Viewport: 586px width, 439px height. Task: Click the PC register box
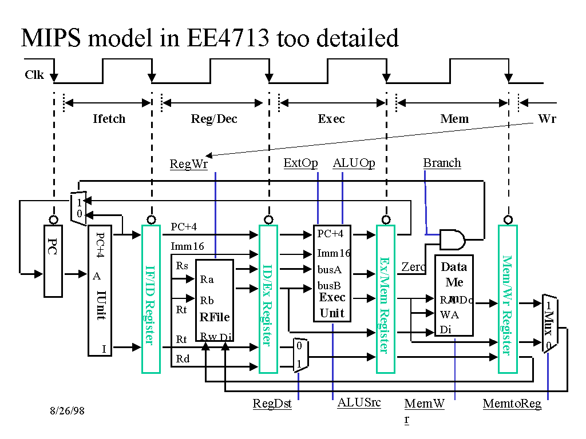tap(53, 261)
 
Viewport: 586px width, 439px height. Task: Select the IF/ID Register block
tap(151, 298)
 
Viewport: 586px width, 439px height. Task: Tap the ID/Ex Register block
tap(268, 298)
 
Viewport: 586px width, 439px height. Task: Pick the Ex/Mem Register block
tap(385, 298)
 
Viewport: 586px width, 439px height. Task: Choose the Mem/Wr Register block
tap(508, 298)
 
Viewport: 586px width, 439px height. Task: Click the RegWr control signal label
tap(188, 165)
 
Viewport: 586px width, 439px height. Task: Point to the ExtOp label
tap(300, 163)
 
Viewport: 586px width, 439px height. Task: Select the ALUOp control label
tap(354, 163)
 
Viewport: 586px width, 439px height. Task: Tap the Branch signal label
tap(442, 163)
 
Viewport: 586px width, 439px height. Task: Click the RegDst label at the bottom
tap(272, 404)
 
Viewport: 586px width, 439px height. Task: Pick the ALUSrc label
tap(359, 402)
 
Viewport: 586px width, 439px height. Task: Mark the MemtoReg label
tap(512, 404)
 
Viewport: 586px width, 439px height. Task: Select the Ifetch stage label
tap(109, 119)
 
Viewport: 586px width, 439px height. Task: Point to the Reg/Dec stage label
tap(214, 119)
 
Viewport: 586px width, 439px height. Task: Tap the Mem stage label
tap(454, 119)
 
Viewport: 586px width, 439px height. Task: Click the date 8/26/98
tap(67, 410)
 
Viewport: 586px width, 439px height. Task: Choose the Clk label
tap(34, 75)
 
